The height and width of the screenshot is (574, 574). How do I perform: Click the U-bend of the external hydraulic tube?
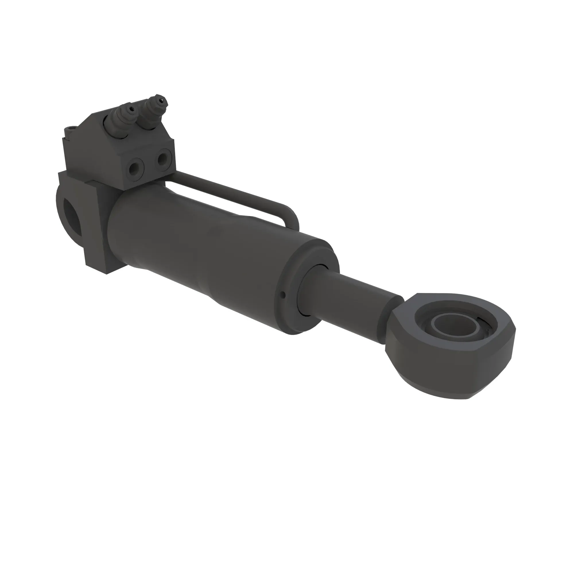(292, 217)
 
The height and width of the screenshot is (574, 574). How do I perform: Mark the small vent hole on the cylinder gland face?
(283, 295)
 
